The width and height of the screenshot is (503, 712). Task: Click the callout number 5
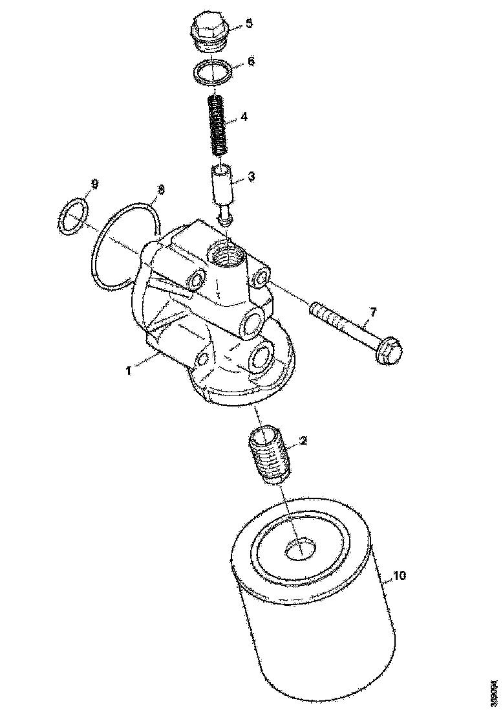click(249, 25)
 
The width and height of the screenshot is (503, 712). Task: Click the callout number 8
click(162, 190)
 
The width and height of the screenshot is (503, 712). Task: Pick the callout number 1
click(129, 370)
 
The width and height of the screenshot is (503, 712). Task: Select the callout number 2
click(303, 441)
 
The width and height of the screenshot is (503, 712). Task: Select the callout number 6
click(252, 62)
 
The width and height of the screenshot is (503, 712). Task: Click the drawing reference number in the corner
click(493, 694)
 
